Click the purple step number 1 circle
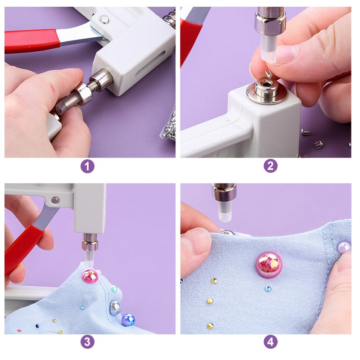pos(87,166)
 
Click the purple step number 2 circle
pos(270,166)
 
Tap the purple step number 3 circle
pos(87,342)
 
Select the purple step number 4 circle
pos(270,342)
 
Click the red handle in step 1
pos(32,41)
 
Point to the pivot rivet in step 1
pos(105,20)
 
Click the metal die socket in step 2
pos(265,90)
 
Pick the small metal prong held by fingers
pos(269,74)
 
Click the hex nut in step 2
pos(270,23)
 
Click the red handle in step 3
pos(22,250)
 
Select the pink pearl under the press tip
pos(90,276)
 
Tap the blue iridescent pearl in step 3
pos(128,320)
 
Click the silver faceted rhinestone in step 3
pos(115,307)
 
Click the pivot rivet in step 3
pos(55,200)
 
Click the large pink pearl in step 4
pos(269,263)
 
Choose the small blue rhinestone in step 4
pos(268,288)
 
